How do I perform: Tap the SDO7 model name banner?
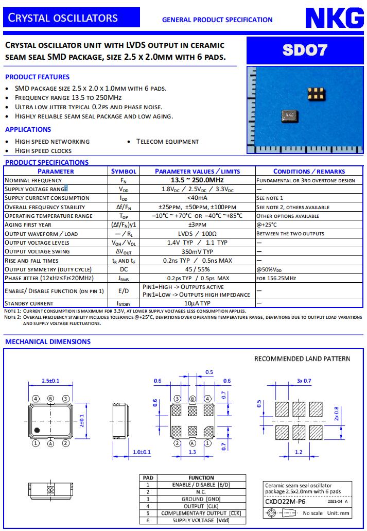pyautogui.click(x=305, y=50)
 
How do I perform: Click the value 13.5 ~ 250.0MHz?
pyautogui.click(x=197, y=180)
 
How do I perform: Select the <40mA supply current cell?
pyautogui.click(x=197, y=198)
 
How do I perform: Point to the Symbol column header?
pyautogui.click(x=124, y=171)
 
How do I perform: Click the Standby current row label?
pyautogui.click(x=29, y=303)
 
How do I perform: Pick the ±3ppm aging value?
pyautogui.click(x=197, y=225)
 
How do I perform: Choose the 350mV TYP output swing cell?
pyautogui.click(x=197, y=251)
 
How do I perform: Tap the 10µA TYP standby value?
pyautogui.click(x=197, y=303)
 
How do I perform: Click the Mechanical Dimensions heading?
pyautogui.click(x=48, y=341)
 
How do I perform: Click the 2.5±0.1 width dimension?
pyautogui.click(x=50, y=381)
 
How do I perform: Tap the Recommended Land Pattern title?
pyautogui.click(x=302, y=358)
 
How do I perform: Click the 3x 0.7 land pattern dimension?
pyautogui.click(x=304, y=381)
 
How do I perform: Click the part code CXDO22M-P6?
pyautogui.click(x=285, y=500)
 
